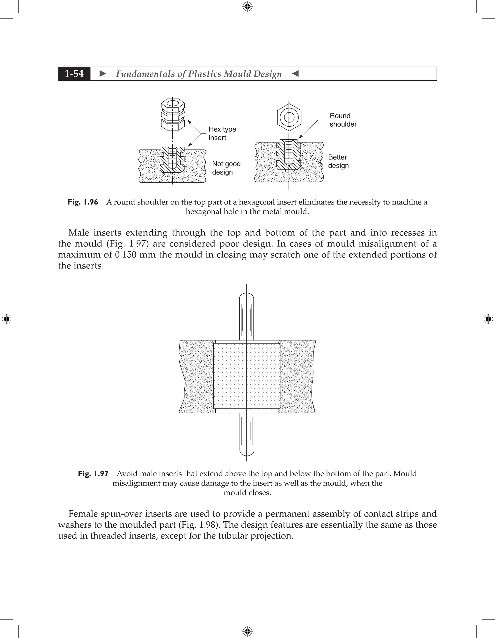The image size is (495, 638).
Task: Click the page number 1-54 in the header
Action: tap(74, 74)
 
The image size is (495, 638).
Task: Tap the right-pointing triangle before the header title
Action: tap(103, 74)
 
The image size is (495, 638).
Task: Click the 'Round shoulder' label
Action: tap(343, 120)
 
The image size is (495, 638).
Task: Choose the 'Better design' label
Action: tap(338, 161)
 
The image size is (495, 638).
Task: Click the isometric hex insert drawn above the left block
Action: tap(173, 114)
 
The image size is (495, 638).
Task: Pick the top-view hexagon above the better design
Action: tap(289, 117)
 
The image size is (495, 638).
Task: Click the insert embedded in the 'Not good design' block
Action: tap(172, 159)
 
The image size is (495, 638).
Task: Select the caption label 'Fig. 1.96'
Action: tap(83, 202)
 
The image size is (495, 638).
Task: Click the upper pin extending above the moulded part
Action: tap(247, 317)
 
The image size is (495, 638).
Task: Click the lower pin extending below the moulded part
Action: tap(247, 435)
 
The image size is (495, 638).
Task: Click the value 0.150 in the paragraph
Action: tap(126, 255)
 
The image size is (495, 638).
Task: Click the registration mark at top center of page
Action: tap(247, 7)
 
